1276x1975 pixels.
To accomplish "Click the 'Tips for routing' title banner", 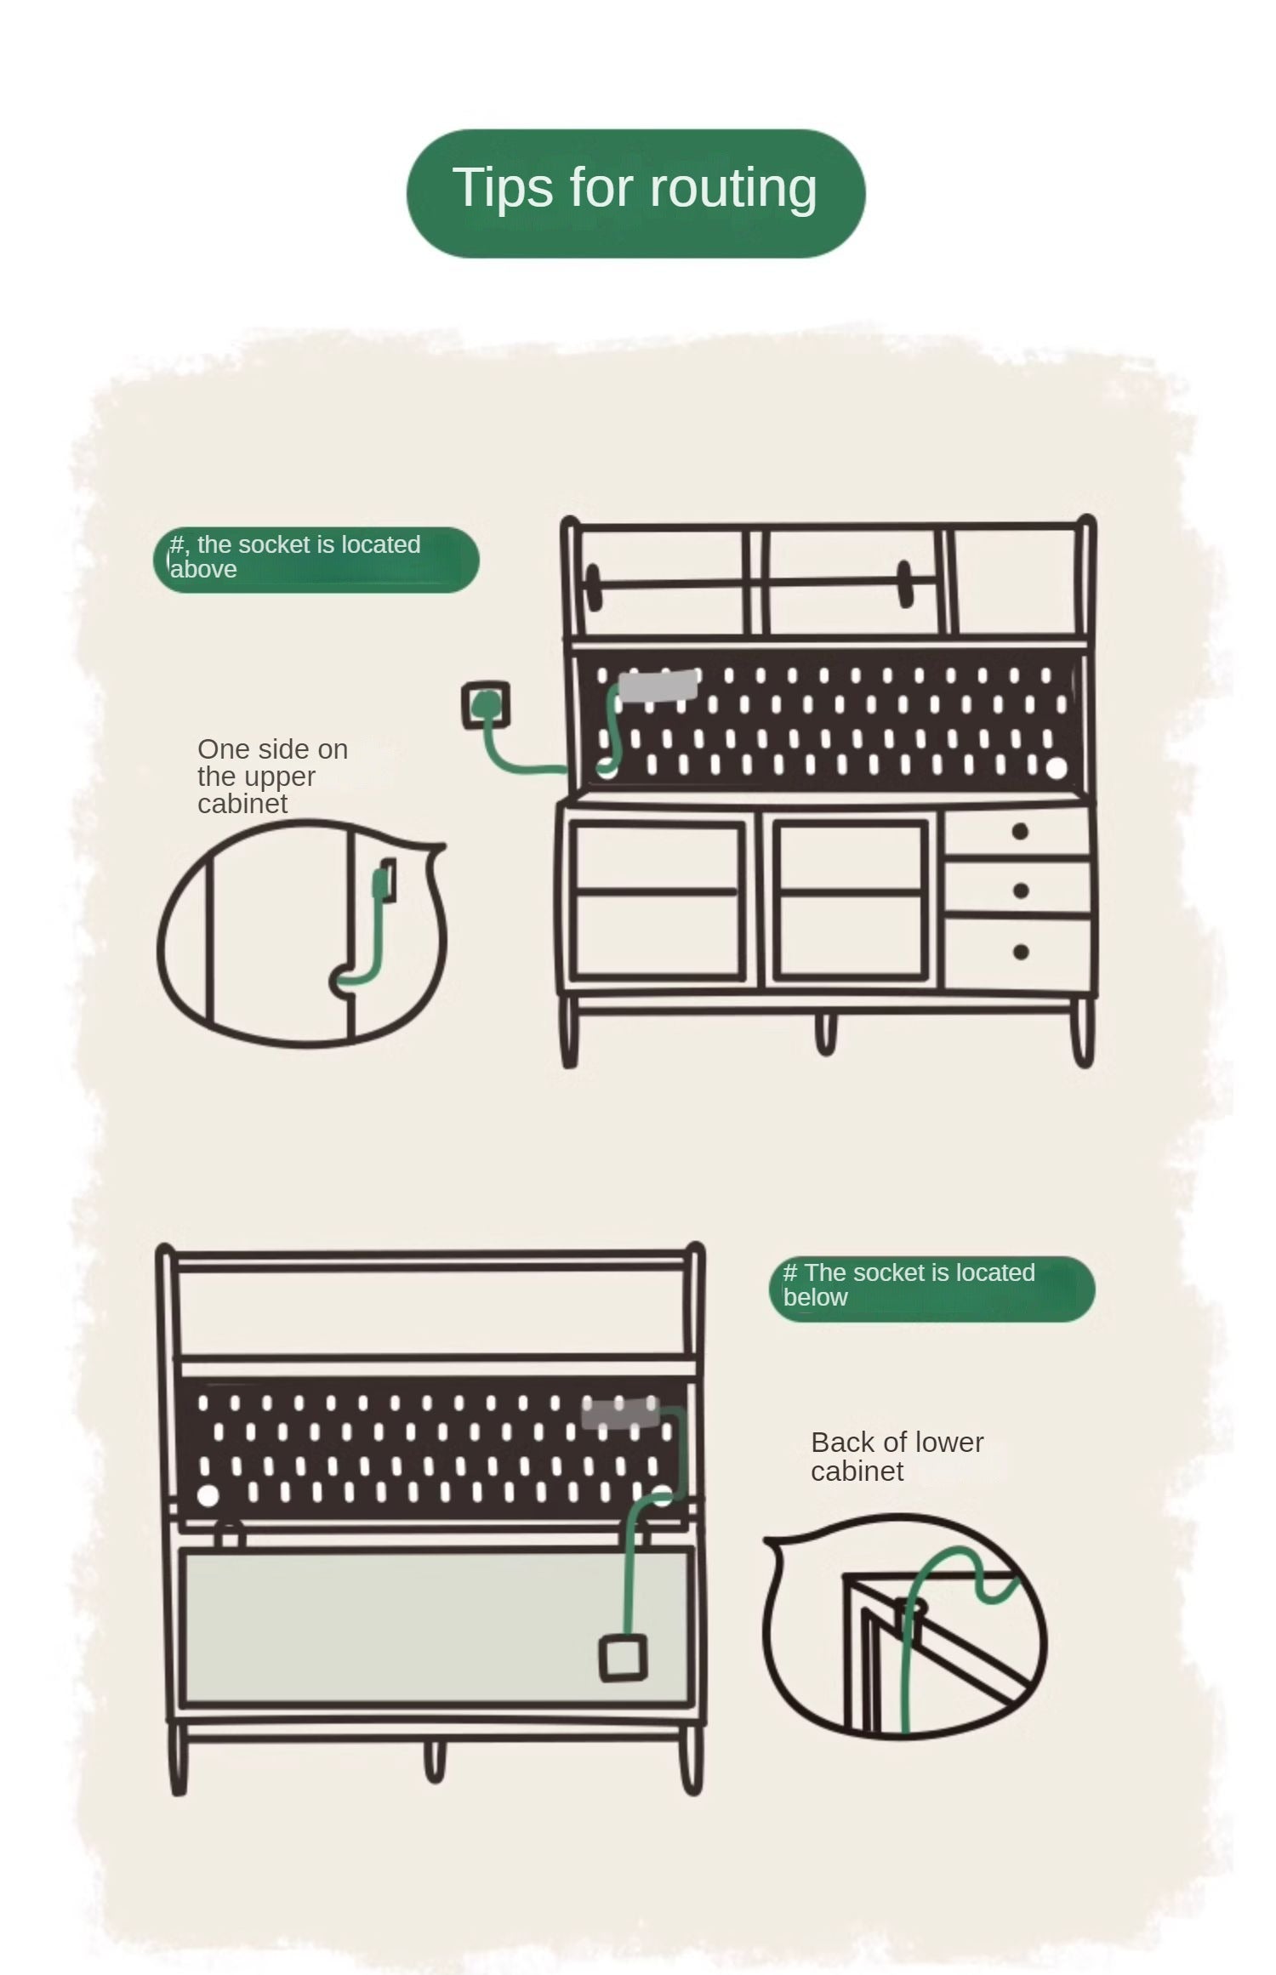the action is [x=635, y=193].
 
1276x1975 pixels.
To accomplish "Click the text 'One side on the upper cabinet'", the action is [x=272, y=776].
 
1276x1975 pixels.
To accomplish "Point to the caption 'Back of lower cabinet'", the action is [x=897, y=1456].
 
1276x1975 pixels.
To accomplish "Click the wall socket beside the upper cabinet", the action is [x=486, y=705].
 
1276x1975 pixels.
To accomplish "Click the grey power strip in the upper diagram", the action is [x=658, y=686].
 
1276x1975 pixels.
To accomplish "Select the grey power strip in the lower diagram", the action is [x=620, y=1414].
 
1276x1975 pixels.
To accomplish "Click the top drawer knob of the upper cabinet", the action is [x=1020, y=832].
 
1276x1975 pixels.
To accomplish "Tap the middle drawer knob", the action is [x=1021, y=891].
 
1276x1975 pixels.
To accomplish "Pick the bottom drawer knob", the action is [x=1021, y=952].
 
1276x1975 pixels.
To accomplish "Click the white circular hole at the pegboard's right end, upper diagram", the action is [x=1056, y=768].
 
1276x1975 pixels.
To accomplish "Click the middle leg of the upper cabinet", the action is [x=825, y=1033].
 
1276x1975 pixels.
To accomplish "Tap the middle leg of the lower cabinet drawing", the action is [x=434, y=1760].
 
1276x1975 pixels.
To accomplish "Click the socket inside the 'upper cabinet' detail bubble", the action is [x=388, y=880].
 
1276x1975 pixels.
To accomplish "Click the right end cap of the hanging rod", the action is [x=904, y=583].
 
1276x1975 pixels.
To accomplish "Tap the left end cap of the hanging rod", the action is [x=593, y=587].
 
